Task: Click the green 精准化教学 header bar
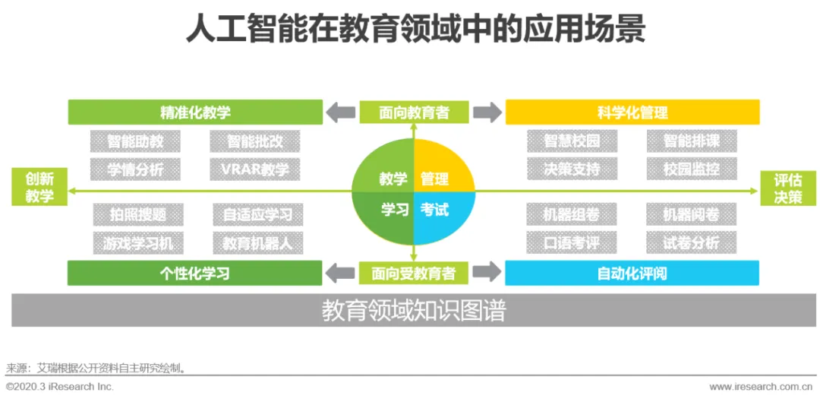pos(195,112)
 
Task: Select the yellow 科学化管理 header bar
pos(632,112)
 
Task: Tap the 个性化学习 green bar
pos(194,273)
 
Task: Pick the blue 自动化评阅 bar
pos(632,273)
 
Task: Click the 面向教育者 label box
pos(414,112)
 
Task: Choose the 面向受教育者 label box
pos(414,273)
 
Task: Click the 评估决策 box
pos(787,188)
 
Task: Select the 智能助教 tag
pos(135,141)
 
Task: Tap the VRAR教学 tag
pos(254,169)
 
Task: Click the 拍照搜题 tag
pos(137,215)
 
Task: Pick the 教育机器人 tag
pos(257,243)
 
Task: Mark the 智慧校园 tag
pos(572,141)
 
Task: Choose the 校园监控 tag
pos(691,169)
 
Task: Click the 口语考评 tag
pos(572,243)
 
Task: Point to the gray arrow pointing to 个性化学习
pos(340,273)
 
